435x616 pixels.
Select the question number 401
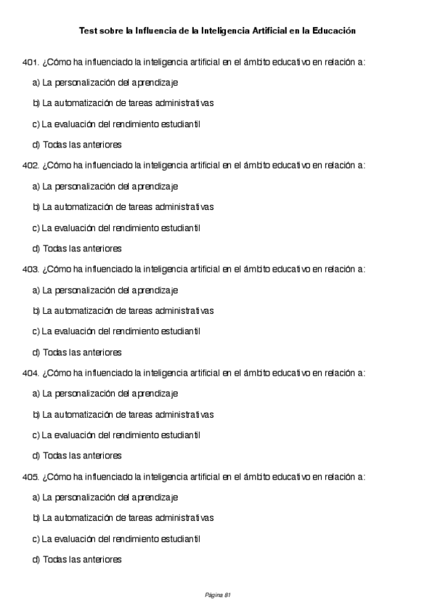[x=31, y=62]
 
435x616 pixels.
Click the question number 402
[x=31, y=166]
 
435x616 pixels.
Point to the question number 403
[x=31, y=269]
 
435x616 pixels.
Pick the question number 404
[x=31, y=373]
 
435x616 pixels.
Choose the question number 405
[x=31, y=477]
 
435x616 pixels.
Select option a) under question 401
[x=105, y=83]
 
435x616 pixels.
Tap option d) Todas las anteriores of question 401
[x=77, y=145]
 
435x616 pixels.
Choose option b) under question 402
[x=123, y=207]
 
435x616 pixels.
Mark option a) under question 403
[x=105, y=291]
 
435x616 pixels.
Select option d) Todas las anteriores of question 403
[x=77, y=352]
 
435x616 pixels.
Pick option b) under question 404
[x=123, y=415]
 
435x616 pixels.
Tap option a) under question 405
[x=105, y=498]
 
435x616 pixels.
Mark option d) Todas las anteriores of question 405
[x=77, y=560]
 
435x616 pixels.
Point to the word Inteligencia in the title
[x=216, y=31]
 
